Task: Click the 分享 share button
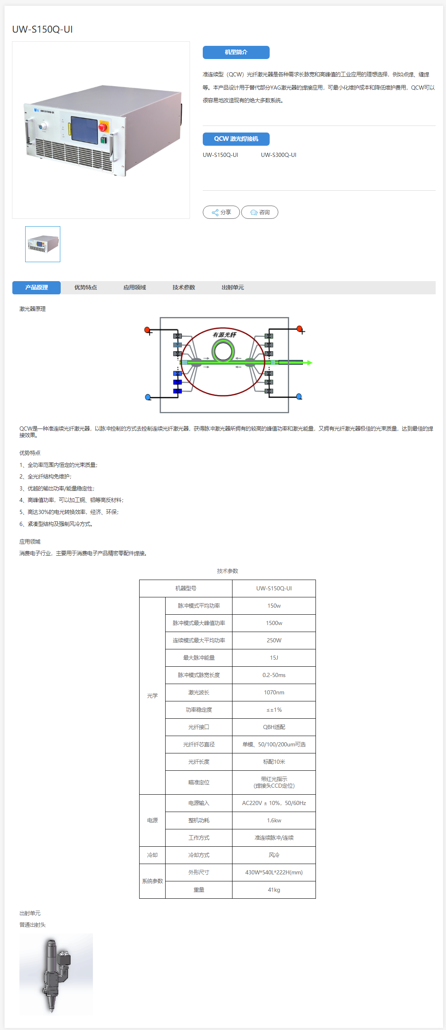pyautogui.click(x=221, y=212)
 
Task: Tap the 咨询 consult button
pyautogui.click(x=260, y=212)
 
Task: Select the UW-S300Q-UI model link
pyautogui.click(x=278, y=155)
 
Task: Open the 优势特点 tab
pyautogui.click(x=85, y=287)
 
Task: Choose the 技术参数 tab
pyautogui.click(x=184, y=287)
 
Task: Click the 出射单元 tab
pyautogui.click(x=232, y=287)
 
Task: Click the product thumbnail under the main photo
pyautogui.click(x=43, y=244)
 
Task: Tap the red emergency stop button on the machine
pyautogui.click(x=103, y=127)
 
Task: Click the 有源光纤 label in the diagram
pyautogui.click(x=224, y=335)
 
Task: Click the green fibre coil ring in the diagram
pyautogui.click(x=223, y=352)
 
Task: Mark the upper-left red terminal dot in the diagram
pyautogui.click(x=147, y=329)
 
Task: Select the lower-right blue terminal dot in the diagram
pyautogui.click(x=299, y=396)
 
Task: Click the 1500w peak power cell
pyautogui.click(x=274, y=623)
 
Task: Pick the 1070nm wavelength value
pyautogui.click(x=274, y=692)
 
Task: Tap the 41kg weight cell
pyautogui.click(x=274, y=890)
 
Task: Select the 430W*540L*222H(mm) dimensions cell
pyautogui.click(x=274, y=872)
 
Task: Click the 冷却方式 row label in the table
pyautogui.click(x=199, y=855)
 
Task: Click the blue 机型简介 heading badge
pyautogui.click(x=236, y=52)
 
